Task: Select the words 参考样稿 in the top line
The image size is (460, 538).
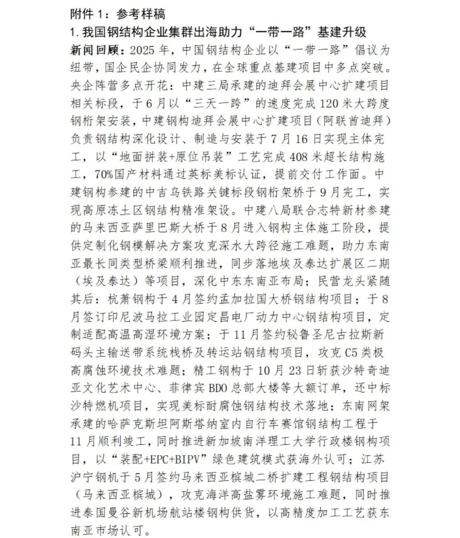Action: click(141, 14)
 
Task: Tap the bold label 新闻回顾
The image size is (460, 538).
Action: click(95, 50)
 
